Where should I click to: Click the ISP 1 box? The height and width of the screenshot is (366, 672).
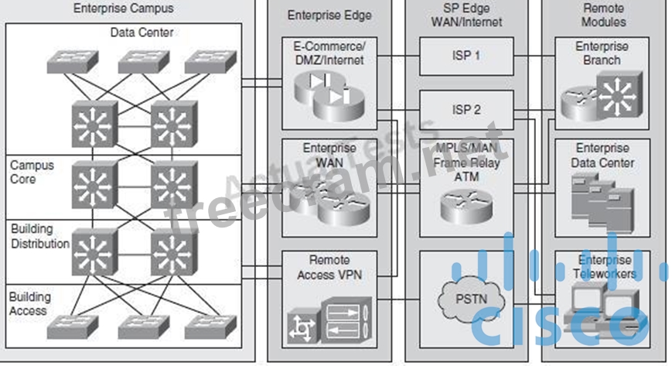coord(466,56)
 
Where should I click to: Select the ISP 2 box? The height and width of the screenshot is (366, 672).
coord(466,110)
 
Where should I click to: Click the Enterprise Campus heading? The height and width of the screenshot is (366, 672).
coord(123,9)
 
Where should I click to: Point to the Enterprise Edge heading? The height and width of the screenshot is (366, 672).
coord(329,15)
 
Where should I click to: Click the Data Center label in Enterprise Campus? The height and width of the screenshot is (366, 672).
coord(142,32)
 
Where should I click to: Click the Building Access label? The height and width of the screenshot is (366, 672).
coord(29,303)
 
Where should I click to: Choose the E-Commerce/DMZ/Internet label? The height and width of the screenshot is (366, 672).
coord(329,52)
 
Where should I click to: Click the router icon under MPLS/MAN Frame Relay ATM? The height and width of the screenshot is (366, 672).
coord(466,204)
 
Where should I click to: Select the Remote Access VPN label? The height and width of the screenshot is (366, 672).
coord(329,266)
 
